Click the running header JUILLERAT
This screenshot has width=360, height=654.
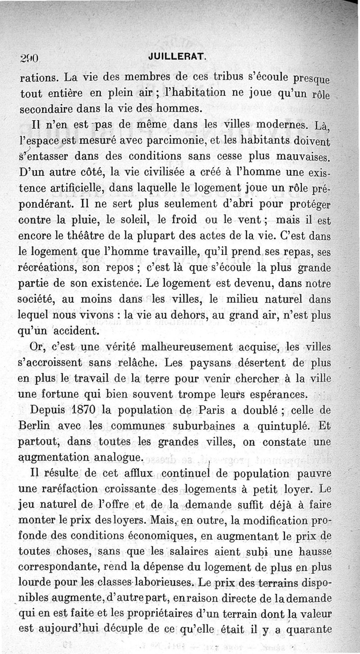180,57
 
